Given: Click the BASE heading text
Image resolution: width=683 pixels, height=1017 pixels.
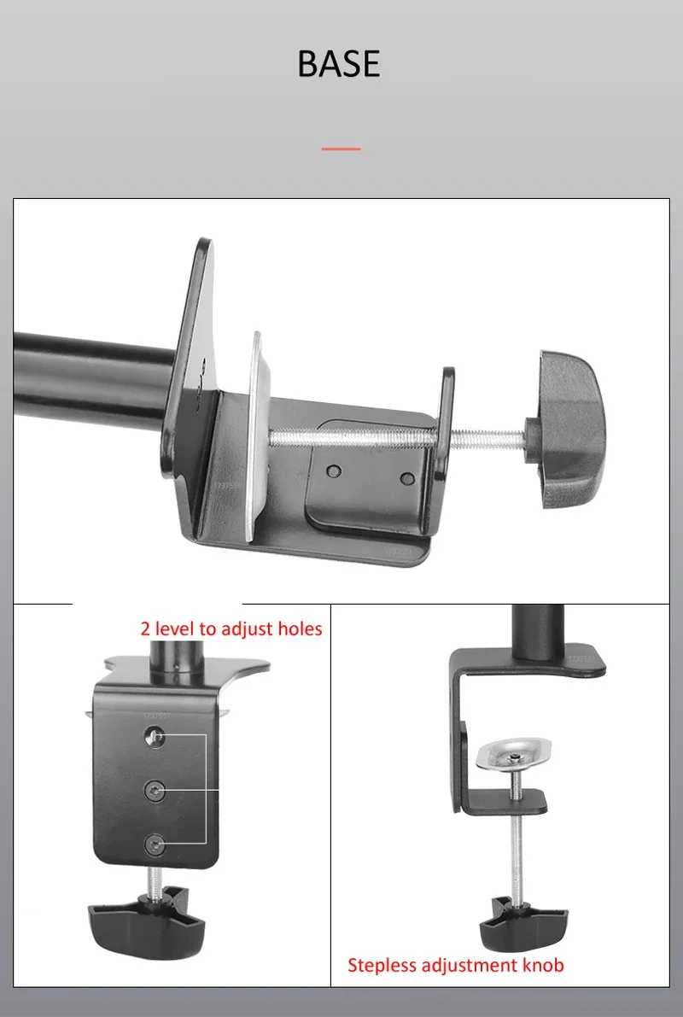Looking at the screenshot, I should coord(339,65).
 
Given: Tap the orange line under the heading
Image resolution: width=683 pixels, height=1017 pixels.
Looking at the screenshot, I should coord(341,149).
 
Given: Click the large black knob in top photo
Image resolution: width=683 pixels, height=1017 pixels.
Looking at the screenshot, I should coord(569,430).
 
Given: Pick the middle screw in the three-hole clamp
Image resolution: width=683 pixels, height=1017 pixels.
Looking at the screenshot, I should coord(155,788).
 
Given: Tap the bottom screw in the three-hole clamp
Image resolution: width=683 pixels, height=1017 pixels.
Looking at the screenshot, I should coord(155,844).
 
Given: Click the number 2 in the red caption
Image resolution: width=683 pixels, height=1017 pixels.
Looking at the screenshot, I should coord(146,629).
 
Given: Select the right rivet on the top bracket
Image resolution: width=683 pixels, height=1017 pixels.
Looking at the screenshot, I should coord(408,478).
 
